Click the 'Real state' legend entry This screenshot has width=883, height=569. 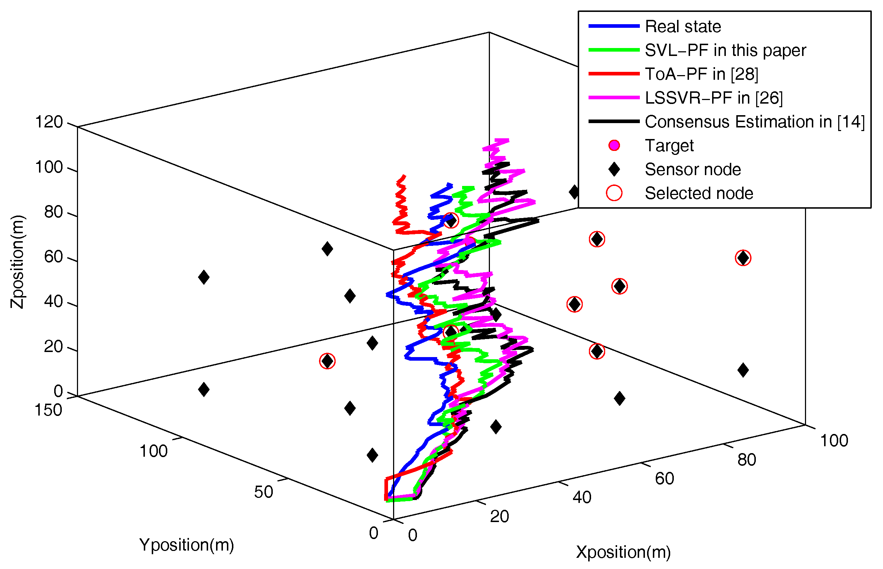pyautogui.click(x=682, y=26)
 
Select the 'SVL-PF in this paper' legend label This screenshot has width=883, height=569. pyautogui.click(x=725, y=50)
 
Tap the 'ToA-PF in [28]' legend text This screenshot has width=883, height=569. pyautogui.click(x=701, y=74)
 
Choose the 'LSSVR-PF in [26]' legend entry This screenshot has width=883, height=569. pyautogui.click(x=713, y=98)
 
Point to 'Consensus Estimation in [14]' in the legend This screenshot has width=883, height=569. pyautogui.click(x=754, y=122)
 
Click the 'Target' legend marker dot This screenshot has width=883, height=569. pyautogui.click(x=614, y=145)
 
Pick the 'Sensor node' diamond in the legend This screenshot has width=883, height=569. pyautogui.click(x=614, y=169)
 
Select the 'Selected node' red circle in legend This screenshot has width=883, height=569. pyautogui.click(x=614, y=193)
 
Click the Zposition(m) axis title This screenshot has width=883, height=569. pyautogui.click(x=17, y=262)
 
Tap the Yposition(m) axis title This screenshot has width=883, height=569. pyautogui.click(x=186, y=544)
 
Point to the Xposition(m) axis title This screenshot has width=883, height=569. pyautogui.click(x=623, y=552)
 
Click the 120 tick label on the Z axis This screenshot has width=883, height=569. pyautogui.click(x=49, y=122)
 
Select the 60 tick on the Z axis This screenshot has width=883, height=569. pyautogui.click(x=53, y=257)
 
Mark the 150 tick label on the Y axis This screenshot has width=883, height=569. pyautogui.click(x=48, y=410)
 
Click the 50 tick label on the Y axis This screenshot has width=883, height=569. pyautogui.click(x=263, y=492)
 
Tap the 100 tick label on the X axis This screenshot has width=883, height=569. pyautogui.click(x=834, y=441)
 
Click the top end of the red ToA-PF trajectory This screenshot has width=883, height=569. pyautogui.click(x=405, y=176)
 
